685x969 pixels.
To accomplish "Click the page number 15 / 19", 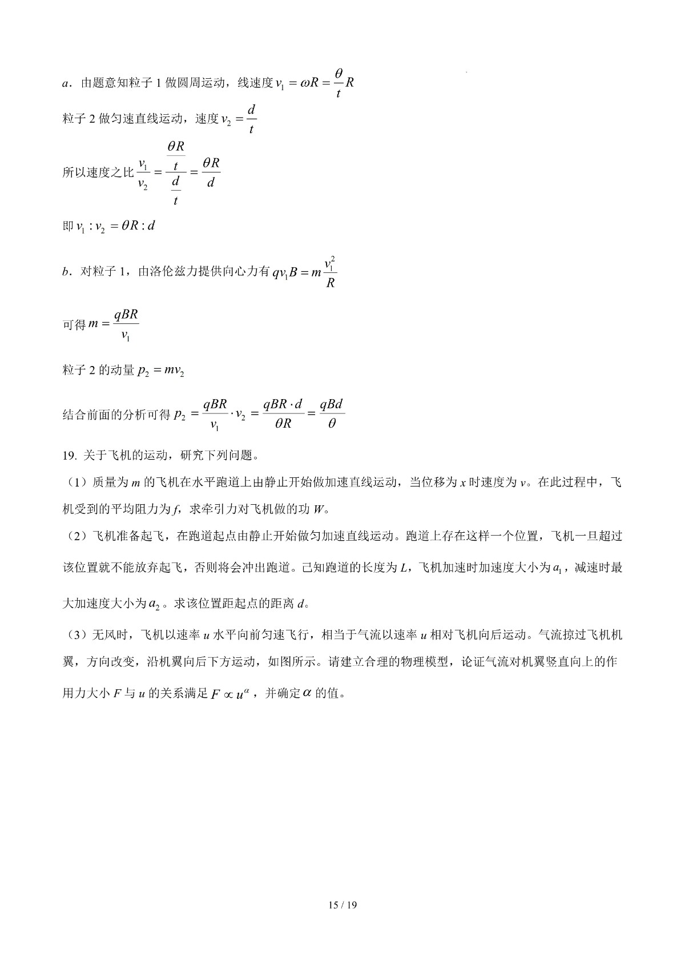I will click(x=342, y=904).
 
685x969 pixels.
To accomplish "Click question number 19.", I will click(x=69, y=456).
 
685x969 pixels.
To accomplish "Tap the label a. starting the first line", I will click(x=66, y=83).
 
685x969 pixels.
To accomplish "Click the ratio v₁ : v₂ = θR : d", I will click(x=116, y=226).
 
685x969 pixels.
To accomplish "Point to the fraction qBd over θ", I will click(x=332, y=413).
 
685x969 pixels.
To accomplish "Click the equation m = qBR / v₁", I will click(x=113, y=324).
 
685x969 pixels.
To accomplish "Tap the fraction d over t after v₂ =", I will click(x=251, y=118).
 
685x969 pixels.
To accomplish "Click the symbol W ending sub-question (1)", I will click(x=318, y=509).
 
